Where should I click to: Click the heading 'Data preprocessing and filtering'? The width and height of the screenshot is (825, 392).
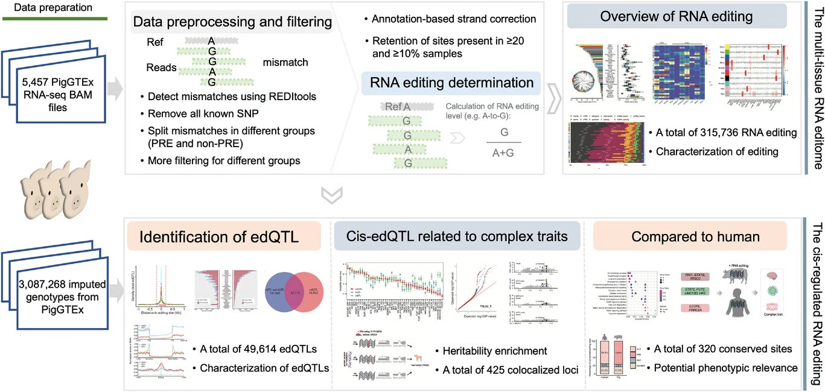pos(232,23)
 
